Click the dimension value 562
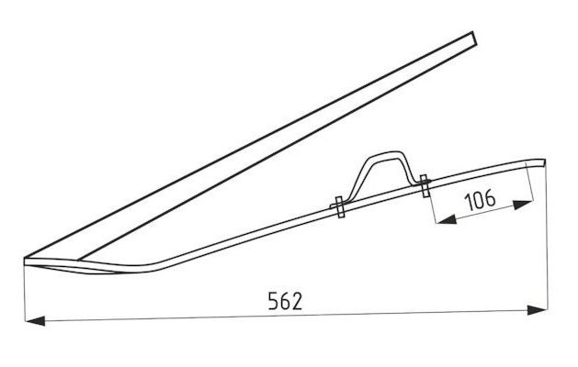(286, 301)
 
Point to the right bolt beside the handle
(425, 186)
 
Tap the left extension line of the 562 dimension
(25, 294)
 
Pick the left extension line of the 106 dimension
(430, 206)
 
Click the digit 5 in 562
(272, 301)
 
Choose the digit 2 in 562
(299, 301)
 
